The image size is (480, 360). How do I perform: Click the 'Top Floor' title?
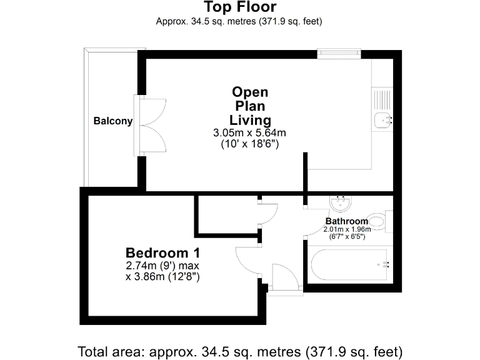coord(240,7)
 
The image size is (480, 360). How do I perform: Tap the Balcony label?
coord(112,121)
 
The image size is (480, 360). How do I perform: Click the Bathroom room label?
coord(347,221)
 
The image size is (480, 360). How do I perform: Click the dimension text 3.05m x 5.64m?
coord(250,132)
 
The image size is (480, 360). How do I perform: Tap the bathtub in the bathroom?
coord(347,264)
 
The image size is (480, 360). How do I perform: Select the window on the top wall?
coord(339,54)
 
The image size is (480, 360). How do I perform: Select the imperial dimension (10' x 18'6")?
coord(250,144)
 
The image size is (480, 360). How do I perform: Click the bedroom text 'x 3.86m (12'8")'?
coord(162,276)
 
